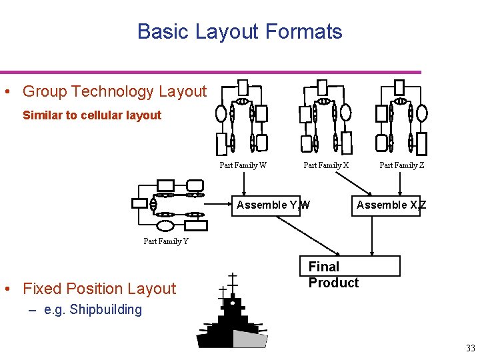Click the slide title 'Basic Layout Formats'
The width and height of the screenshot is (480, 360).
pos(239,31)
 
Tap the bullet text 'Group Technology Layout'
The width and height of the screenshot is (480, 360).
pos(115,91)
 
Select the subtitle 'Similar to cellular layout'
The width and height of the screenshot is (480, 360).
pos(92,115)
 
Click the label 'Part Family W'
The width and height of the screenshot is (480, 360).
pos(243,165)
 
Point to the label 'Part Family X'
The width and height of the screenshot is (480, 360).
pos(326,165)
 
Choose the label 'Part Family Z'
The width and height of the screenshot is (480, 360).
pos(402,165)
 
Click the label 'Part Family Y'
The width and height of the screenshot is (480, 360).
pos(166,241)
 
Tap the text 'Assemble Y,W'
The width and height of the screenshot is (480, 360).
pos(273,205)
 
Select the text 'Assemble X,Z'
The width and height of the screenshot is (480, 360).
pos(391,205)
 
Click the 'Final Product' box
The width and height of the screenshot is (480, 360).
pos(349,274)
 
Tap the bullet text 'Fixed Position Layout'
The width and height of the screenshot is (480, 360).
pos(99,289)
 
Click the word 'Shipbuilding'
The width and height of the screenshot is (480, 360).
pos(105,309)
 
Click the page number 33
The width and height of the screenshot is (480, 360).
pos(471,348)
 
